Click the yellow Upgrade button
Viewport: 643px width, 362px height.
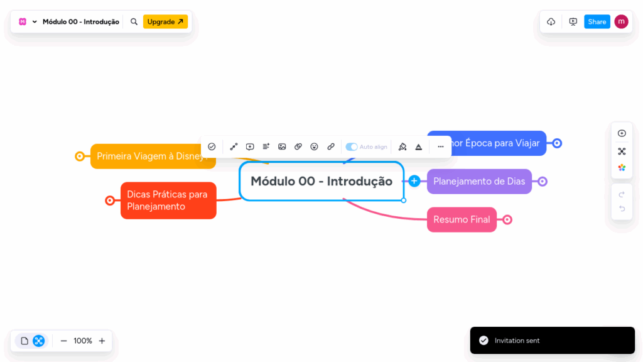(x=165, y=21)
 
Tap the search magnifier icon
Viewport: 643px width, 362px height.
(x=134, y=21)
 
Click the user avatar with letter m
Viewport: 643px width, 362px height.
(x=621, y=21)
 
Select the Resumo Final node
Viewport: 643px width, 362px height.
(x=462, y=219)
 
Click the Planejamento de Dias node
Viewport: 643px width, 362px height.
(x=479, y=182)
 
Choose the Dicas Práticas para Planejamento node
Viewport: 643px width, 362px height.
(x=168, y=200)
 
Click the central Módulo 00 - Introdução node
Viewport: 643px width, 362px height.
(x=321, y=182)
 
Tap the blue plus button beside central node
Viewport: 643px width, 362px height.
(x=414, y=181)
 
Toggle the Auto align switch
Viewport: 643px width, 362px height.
(x=352, y=146)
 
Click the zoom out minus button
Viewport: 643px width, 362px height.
(x=63, y=341)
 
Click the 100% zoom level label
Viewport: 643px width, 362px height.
(x=83, y=341)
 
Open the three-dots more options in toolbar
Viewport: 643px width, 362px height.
(x=441, y=146)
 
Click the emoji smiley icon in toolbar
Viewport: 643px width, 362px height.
(x=315, y=146)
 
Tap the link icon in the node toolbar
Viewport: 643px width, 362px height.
(x=331, y=146)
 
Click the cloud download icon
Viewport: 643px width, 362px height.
(x=551, y=21)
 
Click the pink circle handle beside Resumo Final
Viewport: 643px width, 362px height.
(x=507, y=219)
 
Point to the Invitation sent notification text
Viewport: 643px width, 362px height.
(x=517, y=341)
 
